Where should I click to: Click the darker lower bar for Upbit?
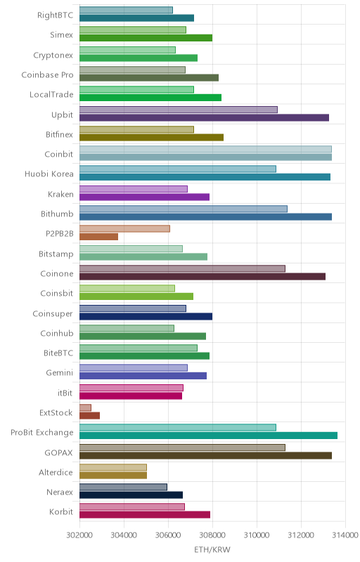pyautogui.click(x=204, y=117)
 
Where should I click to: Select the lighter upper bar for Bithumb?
pyautogui.click(x=184, y=209)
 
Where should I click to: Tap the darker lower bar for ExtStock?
pyautogui.click(x=89, y=415)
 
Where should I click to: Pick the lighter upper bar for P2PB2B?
pyautogui.click(x=124, y=229)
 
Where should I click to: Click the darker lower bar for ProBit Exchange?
pyautogui.click(x=208, y=436)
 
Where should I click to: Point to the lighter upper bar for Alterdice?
pyautogui.click(x=113, y=467)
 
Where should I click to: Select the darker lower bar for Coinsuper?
pyautogui.click(x=146, y=316)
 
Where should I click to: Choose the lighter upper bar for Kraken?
pyautogui.click(x=134, y=189)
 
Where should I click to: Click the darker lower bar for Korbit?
pyautogui.click(x=145, y=515)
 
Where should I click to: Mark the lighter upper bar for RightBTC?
pyautogui.click(x=126, y=10)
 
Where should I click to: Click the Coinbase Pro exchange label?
pyautogui.click(x=47, y=75)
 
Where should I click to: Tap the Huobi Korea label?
pyautogui.click(x=49, y=174)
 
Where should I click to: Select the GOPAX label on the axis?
pyautogui.click(x=59, y=452)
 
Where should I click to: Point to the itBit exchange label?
pyautogui.click(x=65, y=393)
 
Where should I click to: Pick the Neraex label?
pyautogui.click(x=60, y=492)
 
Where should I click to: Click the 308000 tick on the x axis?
pyautogui.click(x=212, y=535)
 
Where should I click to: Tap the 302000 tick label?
pyautogui.click(x=79, y=535)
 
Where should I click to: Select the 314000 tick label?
pyautogui.click(x=345, y=535)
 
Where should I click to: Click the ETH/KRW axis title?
pyautogui.click(x=212, y=549)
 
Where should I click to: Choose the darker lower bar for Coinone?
pyautogui.click(x=202, y=276)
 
